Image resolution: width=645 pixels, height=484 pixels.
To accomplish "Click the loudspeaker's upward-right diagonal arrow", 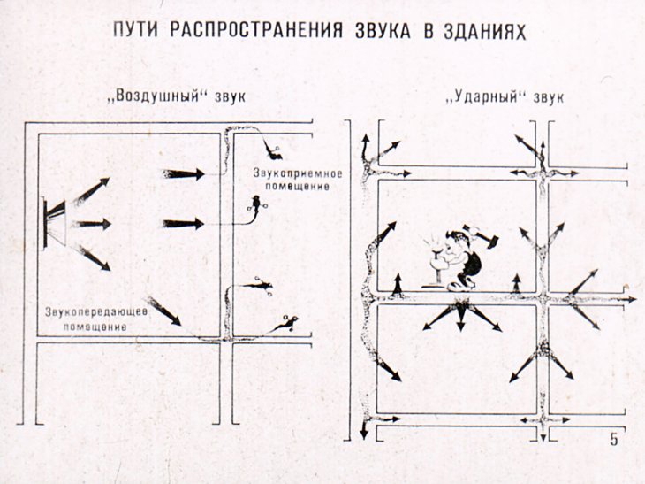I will point(92,190).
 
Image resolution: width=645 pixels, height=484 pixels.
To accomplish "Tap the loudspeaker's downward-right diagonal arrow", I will point(93,257).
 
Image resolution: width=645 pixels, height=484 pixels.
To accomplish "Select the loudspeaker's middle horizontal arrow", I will point(92,223).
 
